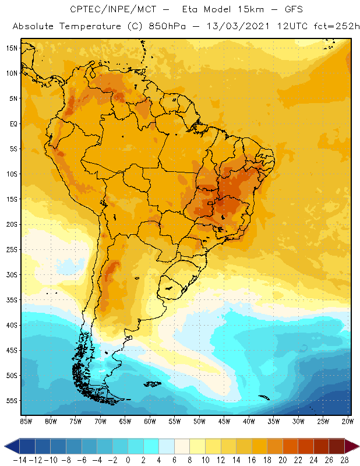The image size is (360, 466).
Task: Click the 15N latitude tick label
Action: pyautogui.click(x=12, y=48)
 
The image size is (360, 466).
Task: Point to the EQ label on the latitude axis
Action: pyautogui.click(x=13, y=123)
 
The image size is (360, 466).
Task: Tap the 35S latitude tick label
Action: pyautogui.click(x=12, y=300)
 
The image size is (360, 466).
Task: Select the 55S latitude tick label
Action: pyautogui.click(x=12, y=401)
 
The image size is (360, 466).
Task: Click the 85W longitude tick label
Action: pyautogui.click(x=26, y=421)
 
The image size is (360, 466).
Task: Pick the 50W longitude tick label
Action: pyautogui.click(x=199, y=421)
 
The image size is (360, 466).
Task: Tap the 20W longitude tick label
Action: pyautogui.click(x=348, y=421)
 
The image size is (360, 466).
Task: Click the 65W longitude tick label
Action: pyautogui.click(x=125, y=421)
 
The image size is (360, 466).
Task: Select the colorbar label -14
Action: pyautogui.click(x=19, y=460)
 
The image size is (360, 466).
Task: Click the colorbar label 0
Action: pyautogui.click(x=128, y=460)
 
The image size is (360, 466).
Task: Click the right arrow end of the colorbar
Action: pyautogui.click(x=352, y=446)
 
